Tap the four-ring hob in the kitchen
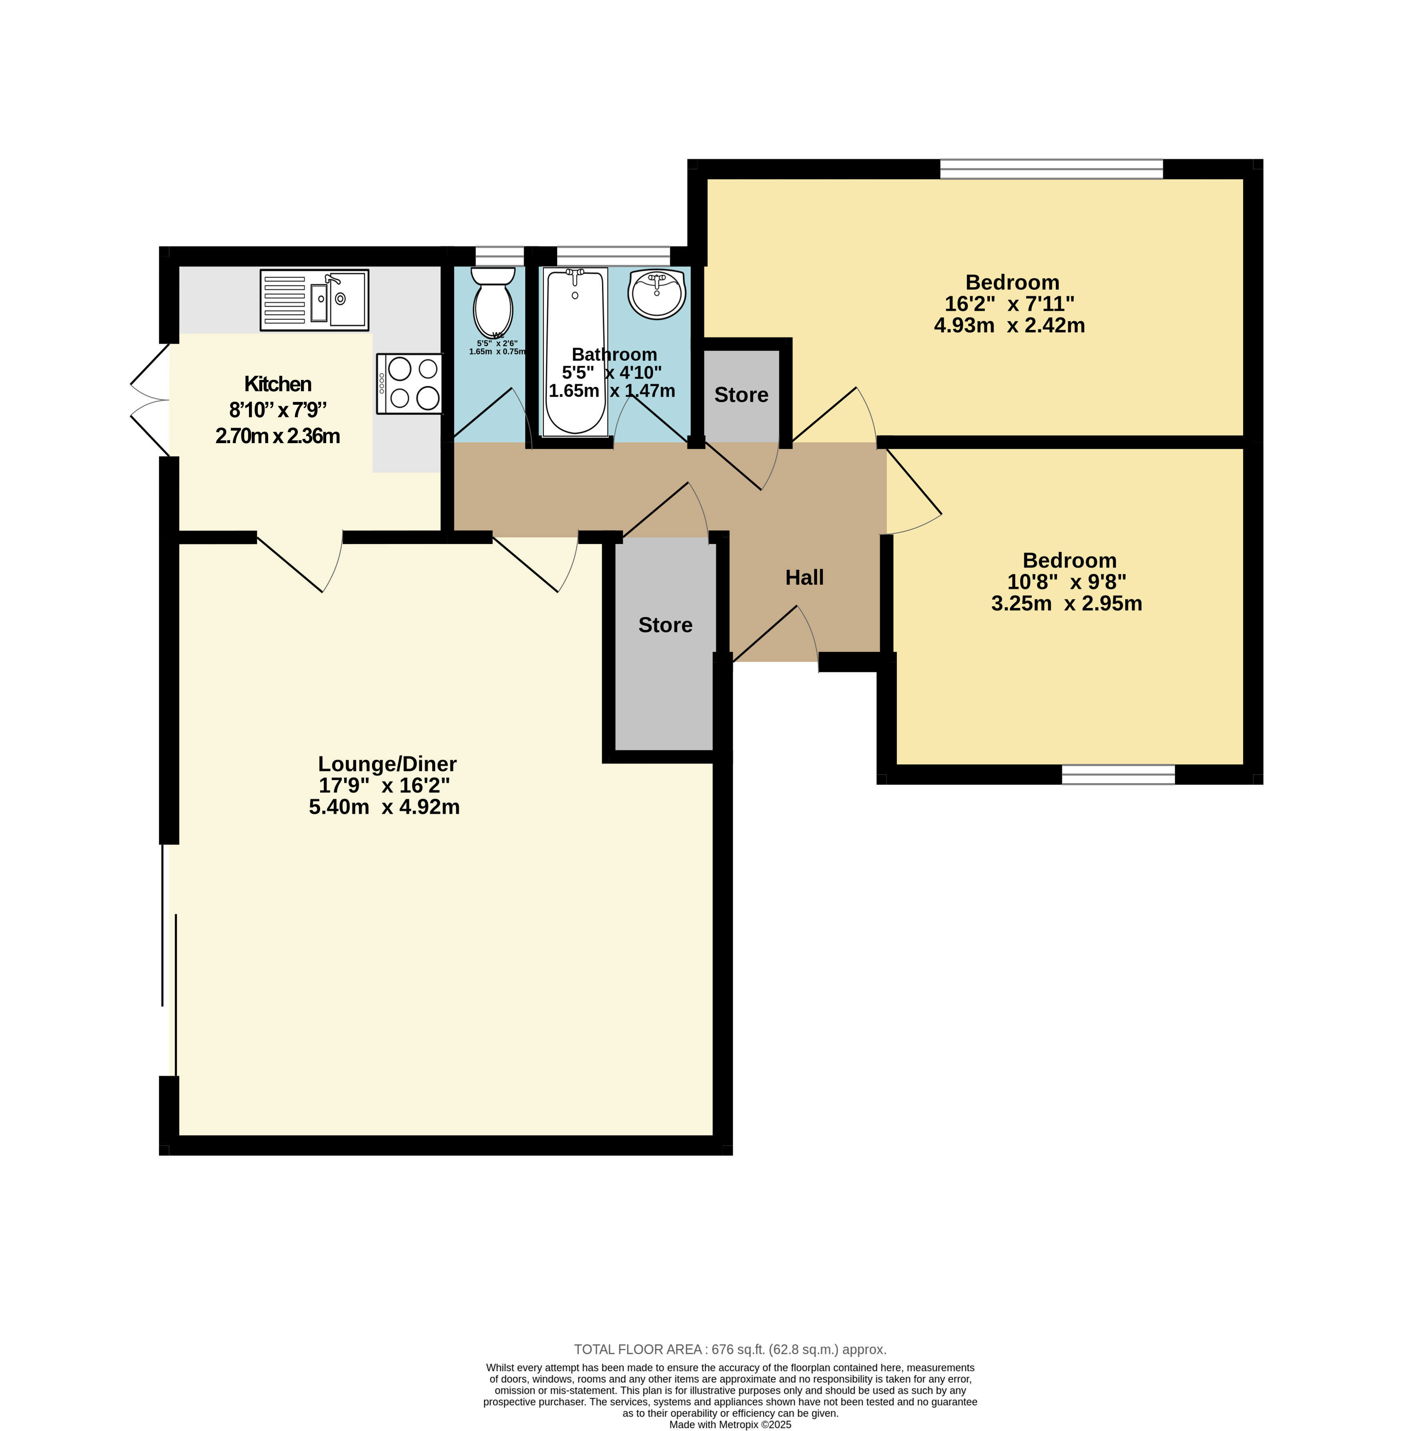(x=410, y=384)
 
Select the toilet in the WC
(x=493, y=302)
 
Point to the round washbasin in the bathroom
(x=656, y=294)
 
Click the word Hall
(x=805, y=578)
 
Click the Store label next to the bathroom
(x=741, y=395)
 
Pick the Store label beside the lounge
(x=666, y=625)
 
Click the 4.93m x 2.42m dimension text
(x=1009, y=325)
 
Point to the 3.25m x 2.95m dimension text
(x=1066, y=604)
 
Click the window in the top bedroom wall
(x=1051, y=169)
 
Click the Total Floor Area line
(x=730, y=1349)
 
